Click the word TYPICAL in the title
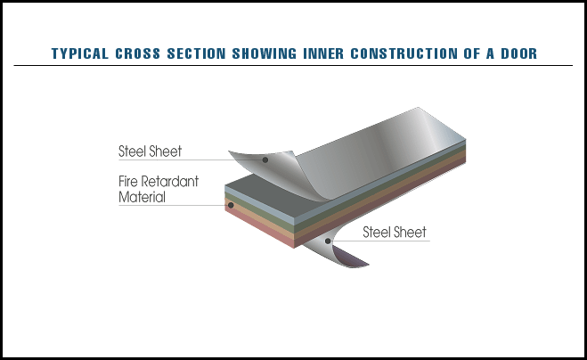tap(80, 53)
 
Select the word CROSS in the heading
tap(138, 53)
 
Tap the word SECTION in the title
tap(196, 53)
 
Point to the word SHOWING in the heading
tap(265, 53)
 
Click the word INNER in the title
tap(323, 53)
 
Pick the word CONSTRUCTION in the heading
tap(404, 53)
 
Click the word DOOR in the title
tap(519, 53)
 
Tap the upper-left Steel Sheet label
tap(151, 151)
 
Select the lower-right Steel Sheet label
tap(395, 233)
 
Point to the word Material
tap(142, 197)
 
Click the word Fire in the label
tap(128, 181)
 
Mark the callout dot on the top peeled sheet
tap(265, 160)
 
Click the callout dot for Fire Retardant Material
tap(231, 205)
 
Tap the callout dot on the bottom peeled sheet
tap(328, 241)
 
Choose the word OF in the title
tap(472, 53)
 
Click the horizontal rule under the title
tap(293, 66)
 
